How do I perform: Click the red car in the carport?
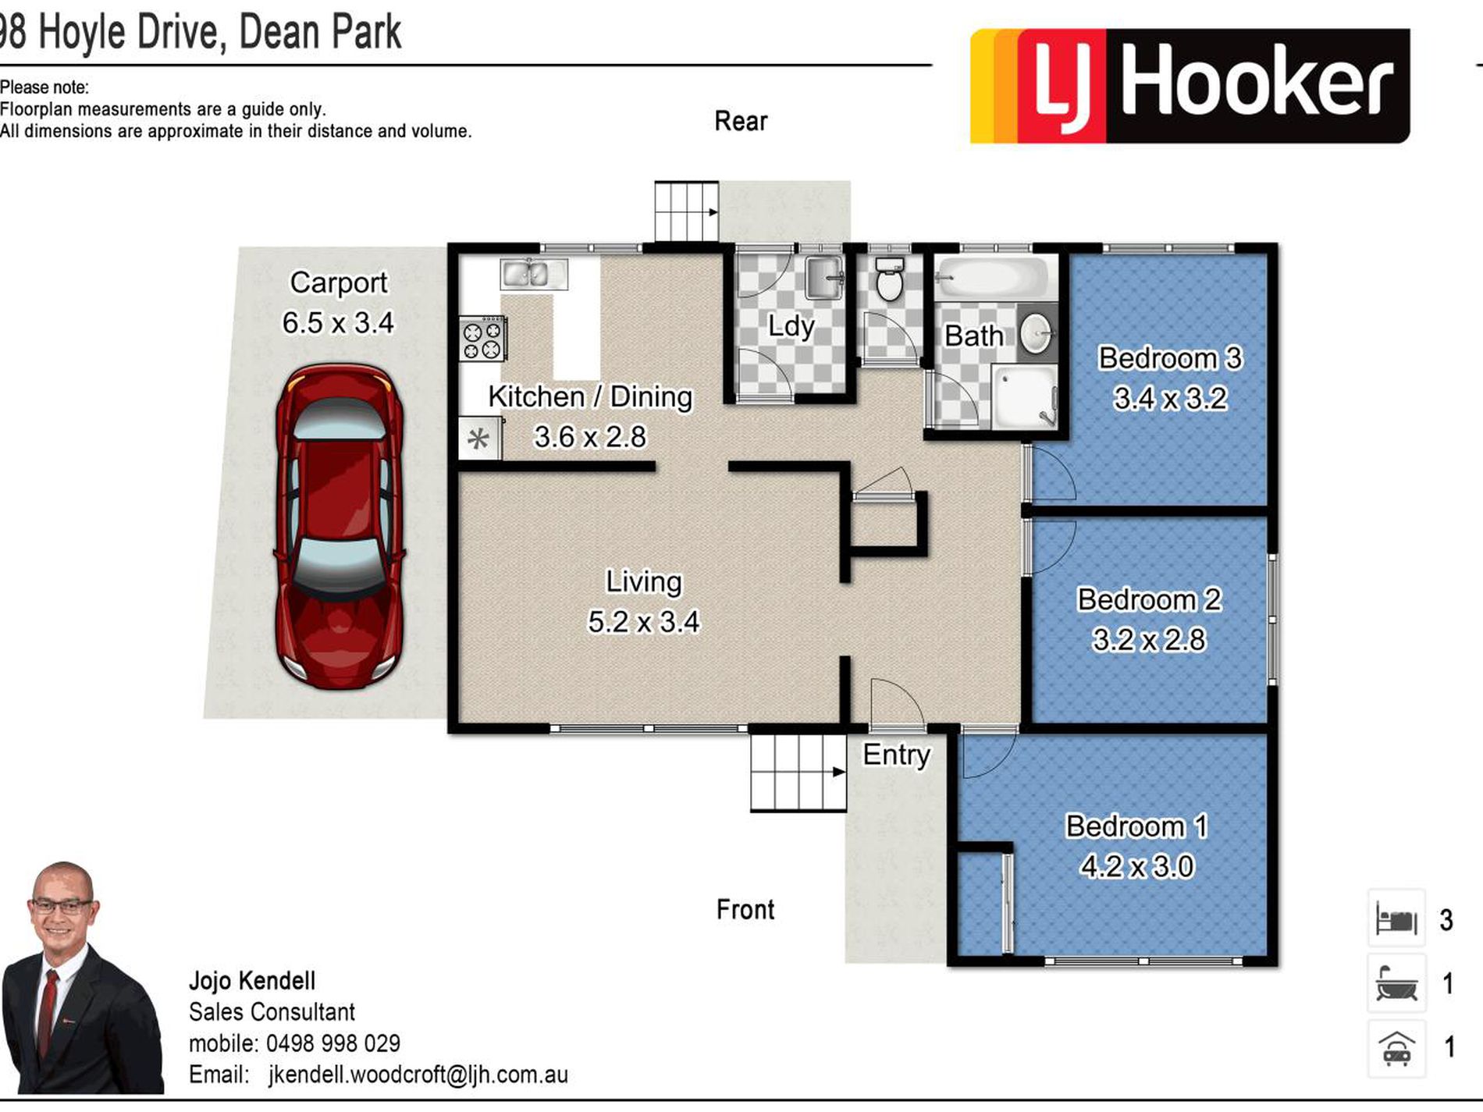340,527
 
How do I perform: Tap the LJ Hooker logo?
1190,86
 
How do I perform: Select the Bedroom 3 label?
1170,358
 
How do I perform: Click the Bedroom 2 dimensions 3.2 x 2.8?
1149,640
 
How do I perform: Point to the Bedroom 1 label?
1136,826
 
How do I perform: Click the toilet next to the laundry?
889,280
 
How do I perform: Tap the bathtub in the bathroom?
992,278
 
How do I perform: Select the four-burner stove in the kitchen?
482,339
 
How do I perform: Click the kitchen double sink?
534,274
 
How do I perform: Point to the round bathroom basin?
1037,333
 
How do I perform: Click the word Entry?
896,755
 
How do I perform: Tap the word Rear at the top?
741,121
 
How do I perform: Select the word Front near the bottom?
745,909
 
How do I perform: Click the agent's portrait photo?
82,979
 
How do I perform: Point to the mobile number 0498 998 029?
333,1043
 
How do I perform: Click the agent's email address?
418,1075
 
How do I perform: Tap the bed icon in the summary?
1396,918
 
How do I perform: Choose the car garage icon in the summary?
1396,1048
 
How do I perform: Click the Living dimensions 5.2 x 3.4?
644,622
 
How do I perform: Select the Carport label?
339,282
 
